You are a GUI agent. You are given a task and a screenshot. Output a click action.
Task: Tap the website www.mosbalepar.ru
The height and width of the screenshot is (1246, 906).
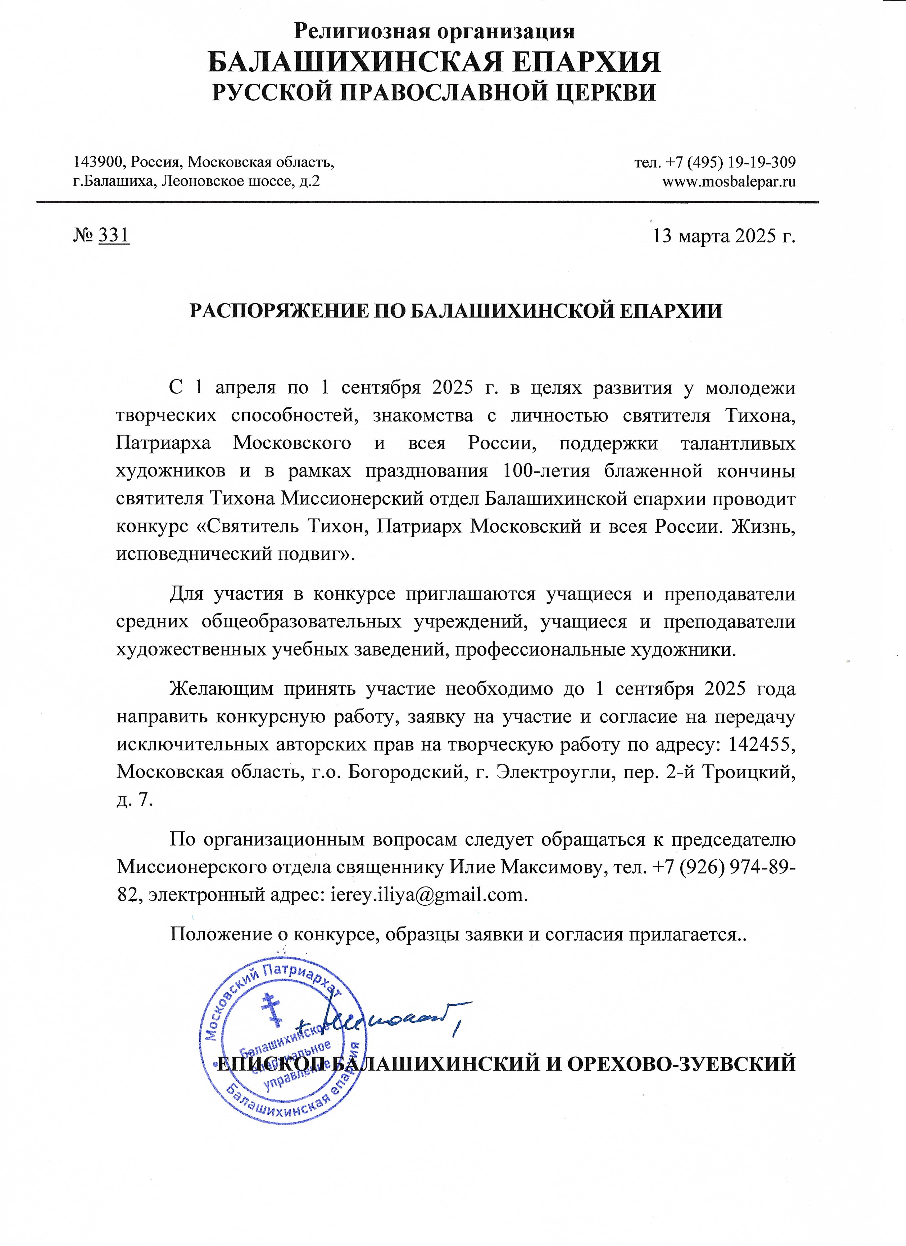click(729, 181)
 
